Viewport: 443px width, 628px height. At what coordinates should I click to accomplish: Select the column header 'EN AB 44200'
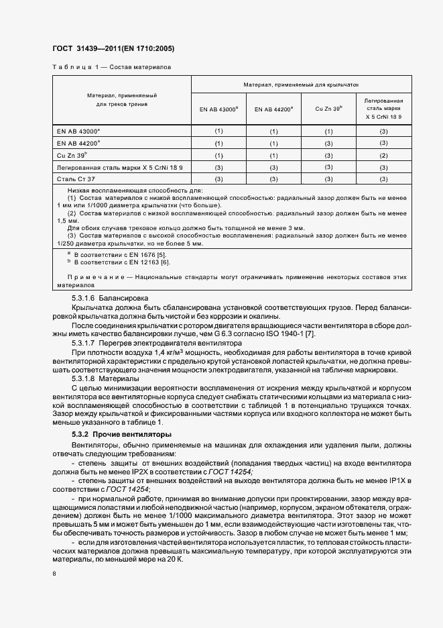[x=273, y=108]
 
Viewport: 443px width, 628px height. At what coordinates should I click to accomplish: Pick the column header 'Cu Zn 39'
[x=328, y=108]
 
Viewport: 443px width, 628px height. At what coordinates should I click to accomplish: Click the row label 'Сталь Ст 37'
[x=77, y=179]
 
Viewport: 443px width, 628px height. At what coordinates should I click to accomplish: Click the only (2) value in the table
[x=383, y=155]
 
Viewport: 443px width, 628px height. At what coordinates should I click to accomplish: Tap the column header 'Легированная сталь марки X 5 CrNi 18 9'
[x=383, y=108]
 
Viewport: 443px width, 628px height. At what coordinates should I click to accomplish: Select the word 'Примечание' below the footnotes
[x=90, y=277]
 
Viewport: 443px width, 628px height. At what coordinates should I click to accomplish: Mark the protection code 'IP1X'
[x=396, y=480]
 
